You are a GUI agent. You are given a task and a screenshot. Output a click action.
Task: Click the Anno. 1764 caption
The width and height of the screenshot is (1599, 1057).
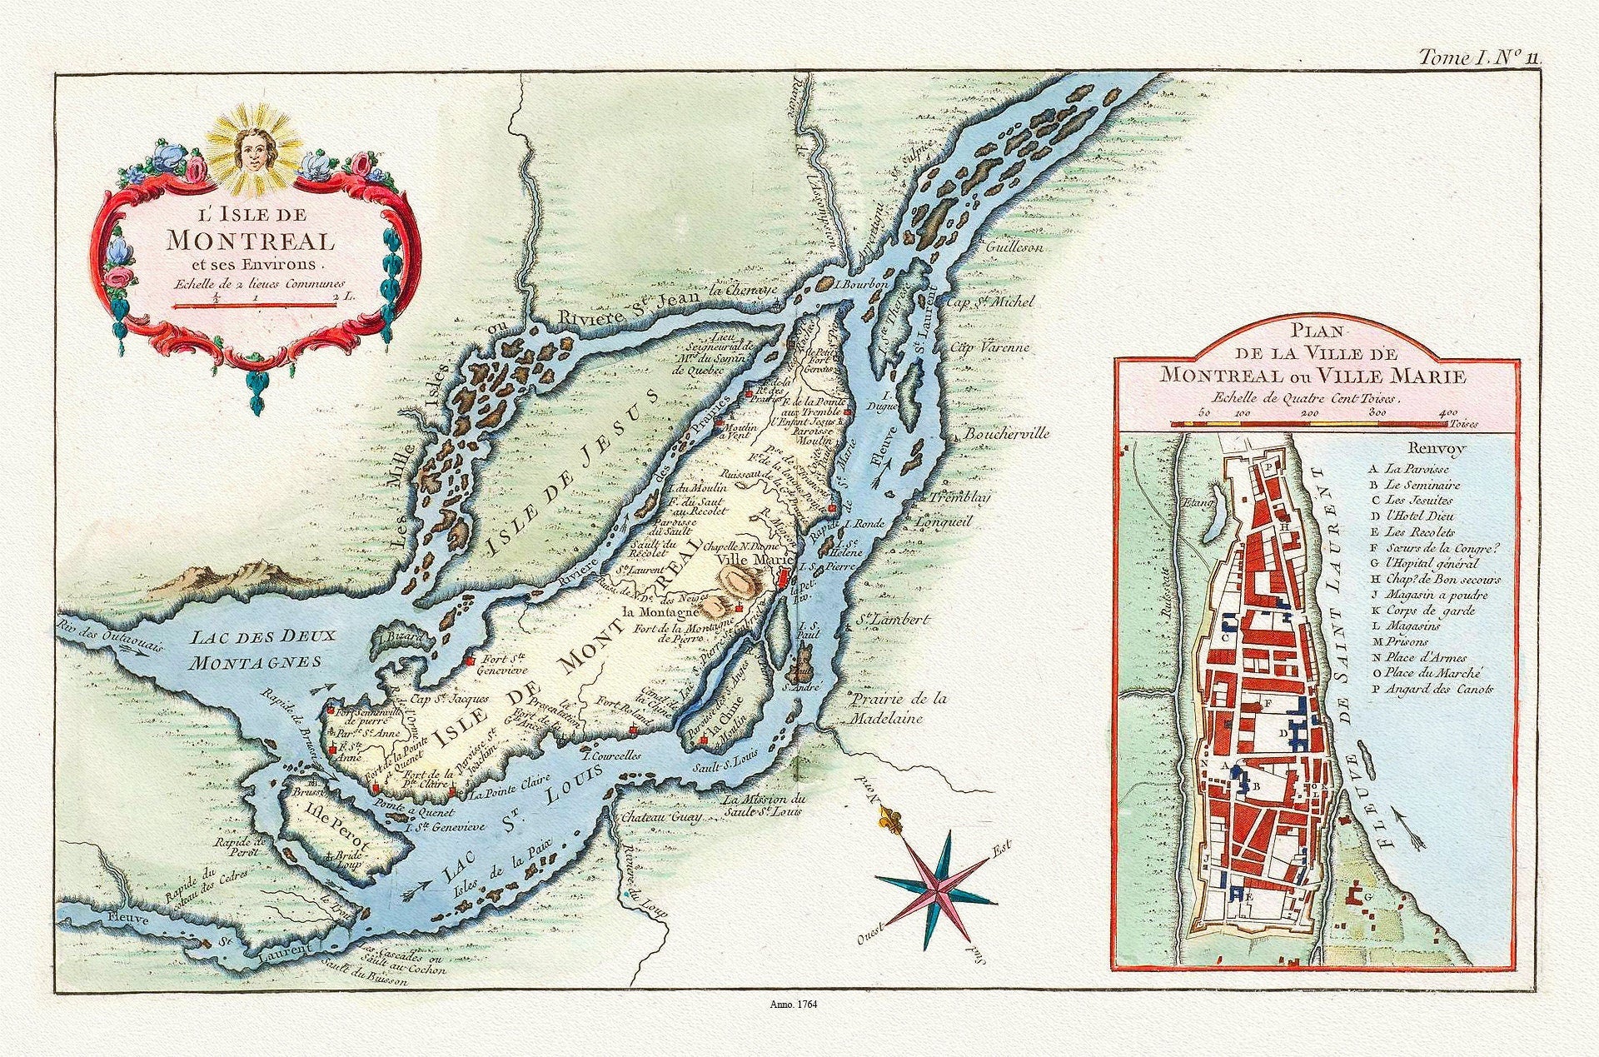(796, 1005)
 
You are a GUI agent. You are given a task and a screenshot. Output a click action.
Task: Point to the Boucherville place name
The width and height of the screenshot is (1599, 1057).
(1006, 435)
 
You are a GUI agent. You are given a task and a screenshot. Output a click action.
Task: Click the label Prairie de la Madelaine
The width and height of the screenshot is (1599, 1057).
(899, 708)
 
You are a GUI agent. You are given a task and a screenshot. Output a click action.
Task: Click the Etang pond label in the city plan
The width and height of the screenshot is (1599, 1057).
(1194, 502)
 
